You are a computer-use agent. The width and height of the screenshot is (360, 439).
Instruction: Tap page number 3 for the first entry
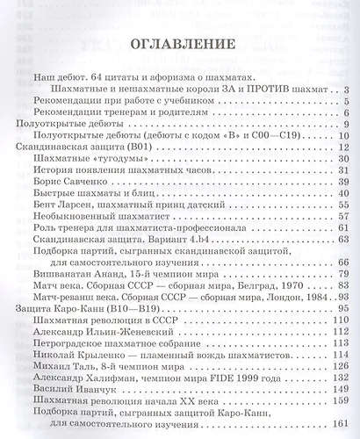tap(348, 90)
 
